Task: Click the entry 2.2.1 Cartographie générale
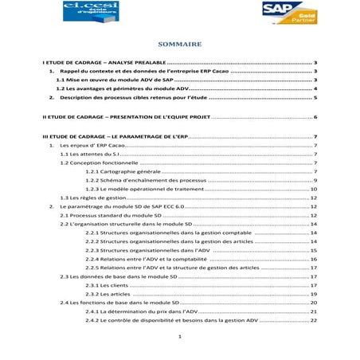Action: coord(126,171)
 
